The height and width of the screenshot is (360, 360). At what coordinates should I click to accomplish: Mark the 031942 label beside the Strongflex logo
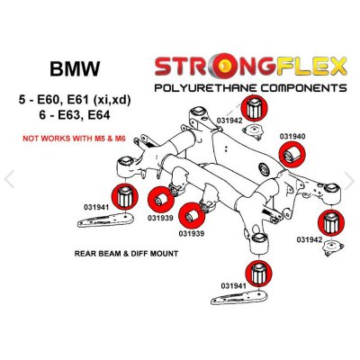point(230,118)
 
